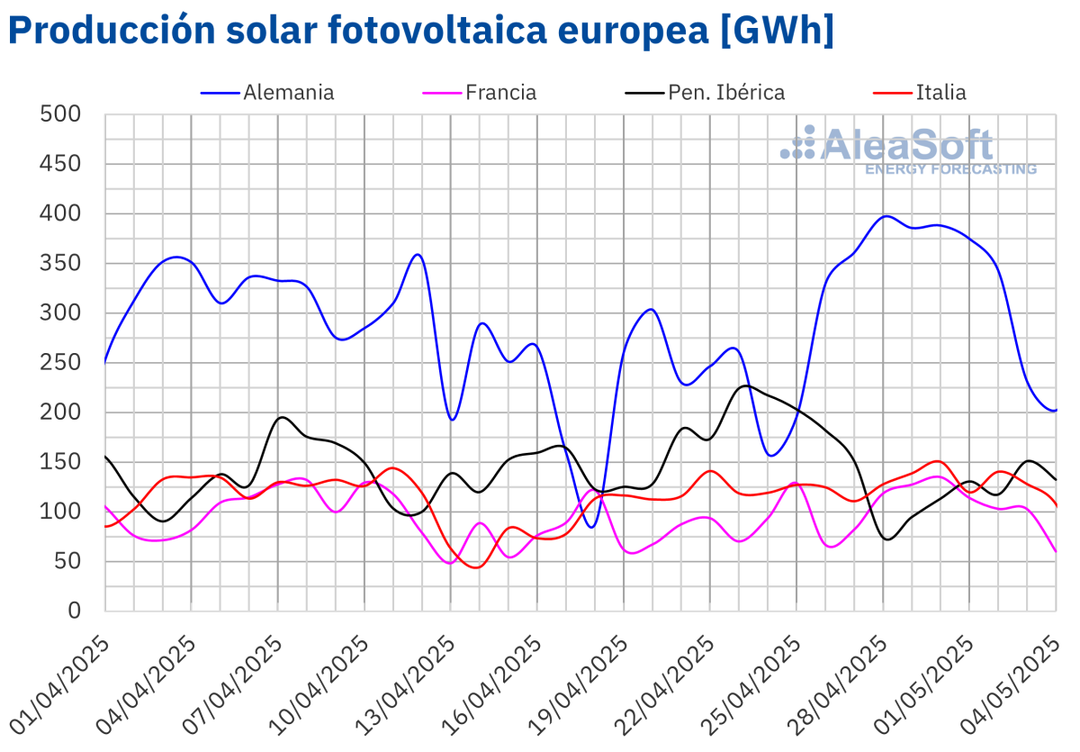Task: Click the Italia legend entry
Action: pos(940,92)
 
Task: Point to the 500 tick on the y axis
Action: pos(61,114)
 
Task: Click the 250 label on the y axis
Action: pos(61,363)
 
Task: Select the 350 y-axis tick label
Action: pos(61,264)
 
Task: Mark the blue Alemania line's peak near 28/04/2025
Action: pos(886,216)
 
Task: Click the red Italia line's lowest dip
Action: pos(477,567)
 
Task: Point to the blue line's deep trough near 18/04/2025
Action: pos(590,527)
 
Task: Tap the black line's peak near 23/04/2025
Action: pos(745,385)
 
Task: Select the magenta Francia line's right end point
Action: pos(1056,551)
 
